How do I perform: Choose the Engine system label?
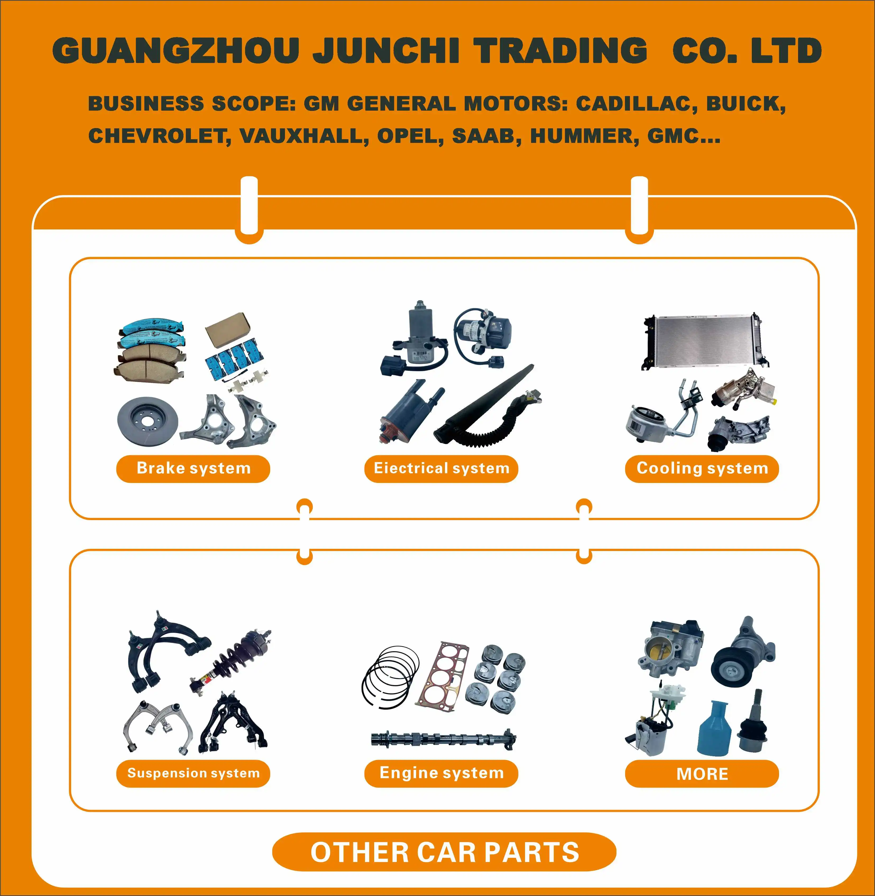click(x=441, y=773)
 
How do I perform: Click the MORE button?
click(x=702, y=774)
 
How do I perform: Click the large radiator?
click(x=703, y=341)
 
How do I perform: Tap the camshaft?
click(x=444, y=739)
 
